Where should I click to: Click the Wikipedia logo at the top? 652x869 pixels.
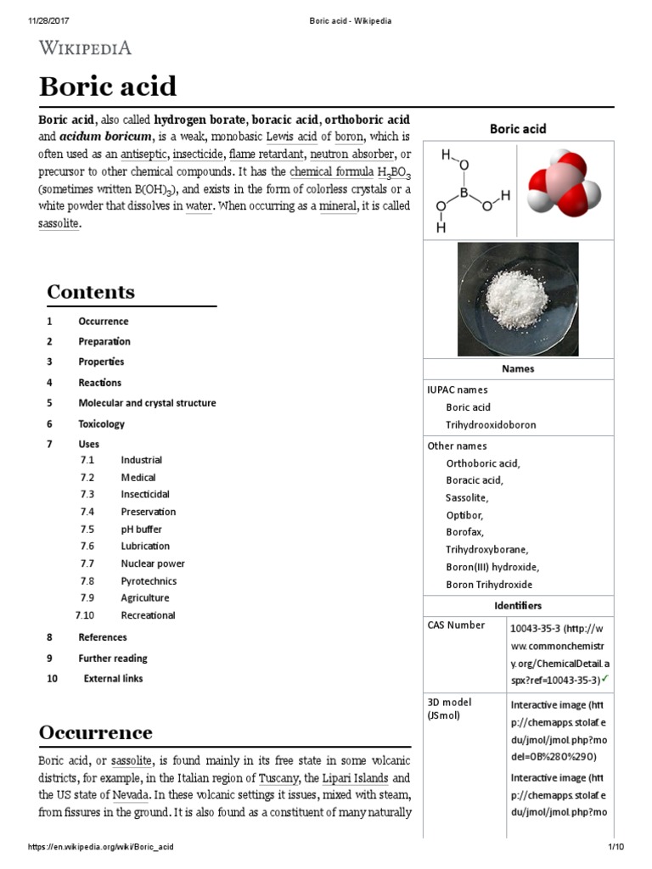85,48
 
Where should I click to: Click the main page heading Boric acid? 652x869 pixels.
108,87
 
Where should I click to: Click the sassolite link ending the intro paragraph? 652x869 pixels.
59,224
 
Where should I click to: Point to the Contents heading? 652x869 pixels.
91,292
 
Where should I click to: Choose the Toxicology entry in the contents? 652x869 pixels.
101,423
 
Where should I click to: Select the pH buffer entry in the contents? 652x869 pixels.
141,529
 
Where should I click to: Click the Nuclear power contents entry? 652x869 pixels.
152,563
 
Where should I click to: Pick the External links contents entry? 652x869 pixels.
113,678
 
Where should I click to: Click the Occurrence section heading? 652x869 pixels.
96,732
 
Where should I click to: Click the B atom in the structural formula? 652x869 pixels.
464,193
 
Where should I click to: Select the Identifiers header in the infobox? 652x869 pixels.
518,606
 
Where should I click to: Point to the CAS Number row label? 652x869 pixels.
457,625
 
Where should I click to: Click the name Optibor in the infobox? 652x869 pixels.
464,515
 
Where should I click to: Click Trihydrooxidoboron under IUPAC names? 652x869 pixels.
491,424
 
